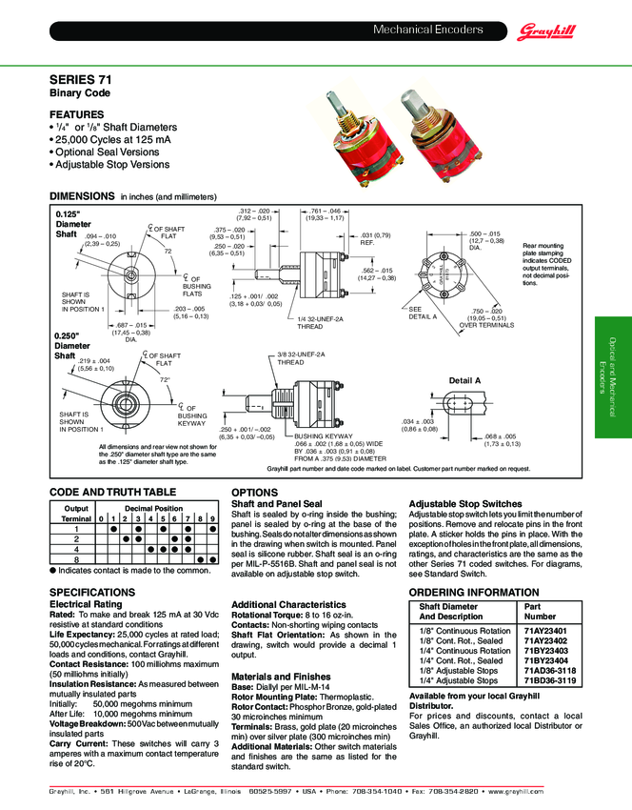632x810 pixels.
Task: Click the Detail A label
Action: pyautogui.click(x=464, y=380)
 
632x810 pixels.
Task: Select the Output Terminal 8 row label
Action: pyautogui.click(x=75, y=560)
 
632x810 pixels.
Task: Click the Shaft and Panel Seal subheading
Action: pyautogui.click(x=277, y=503)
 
